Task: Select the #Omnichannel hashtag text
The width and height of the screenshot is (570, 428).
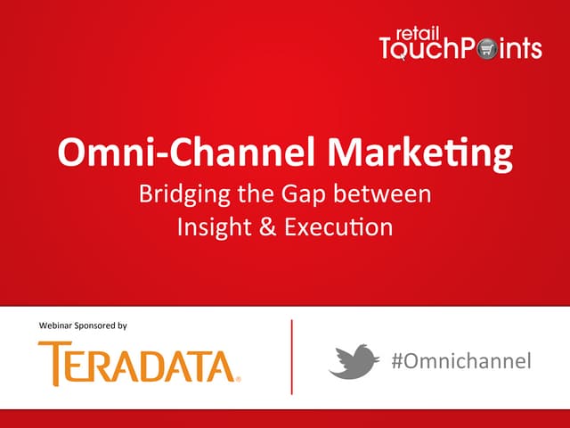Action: pyautogui.click(x=461, y=360)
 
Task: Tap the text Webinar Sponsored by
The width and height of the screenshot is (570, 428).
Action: pyautogui.click(x=83, y=325)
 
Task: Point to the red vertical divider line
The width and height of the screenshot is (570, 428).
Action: pyautogui.click(x=291, y=356)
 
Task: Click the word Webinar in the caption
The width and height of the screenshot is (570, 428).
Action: pyautogui.click(x=54, y=325)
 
